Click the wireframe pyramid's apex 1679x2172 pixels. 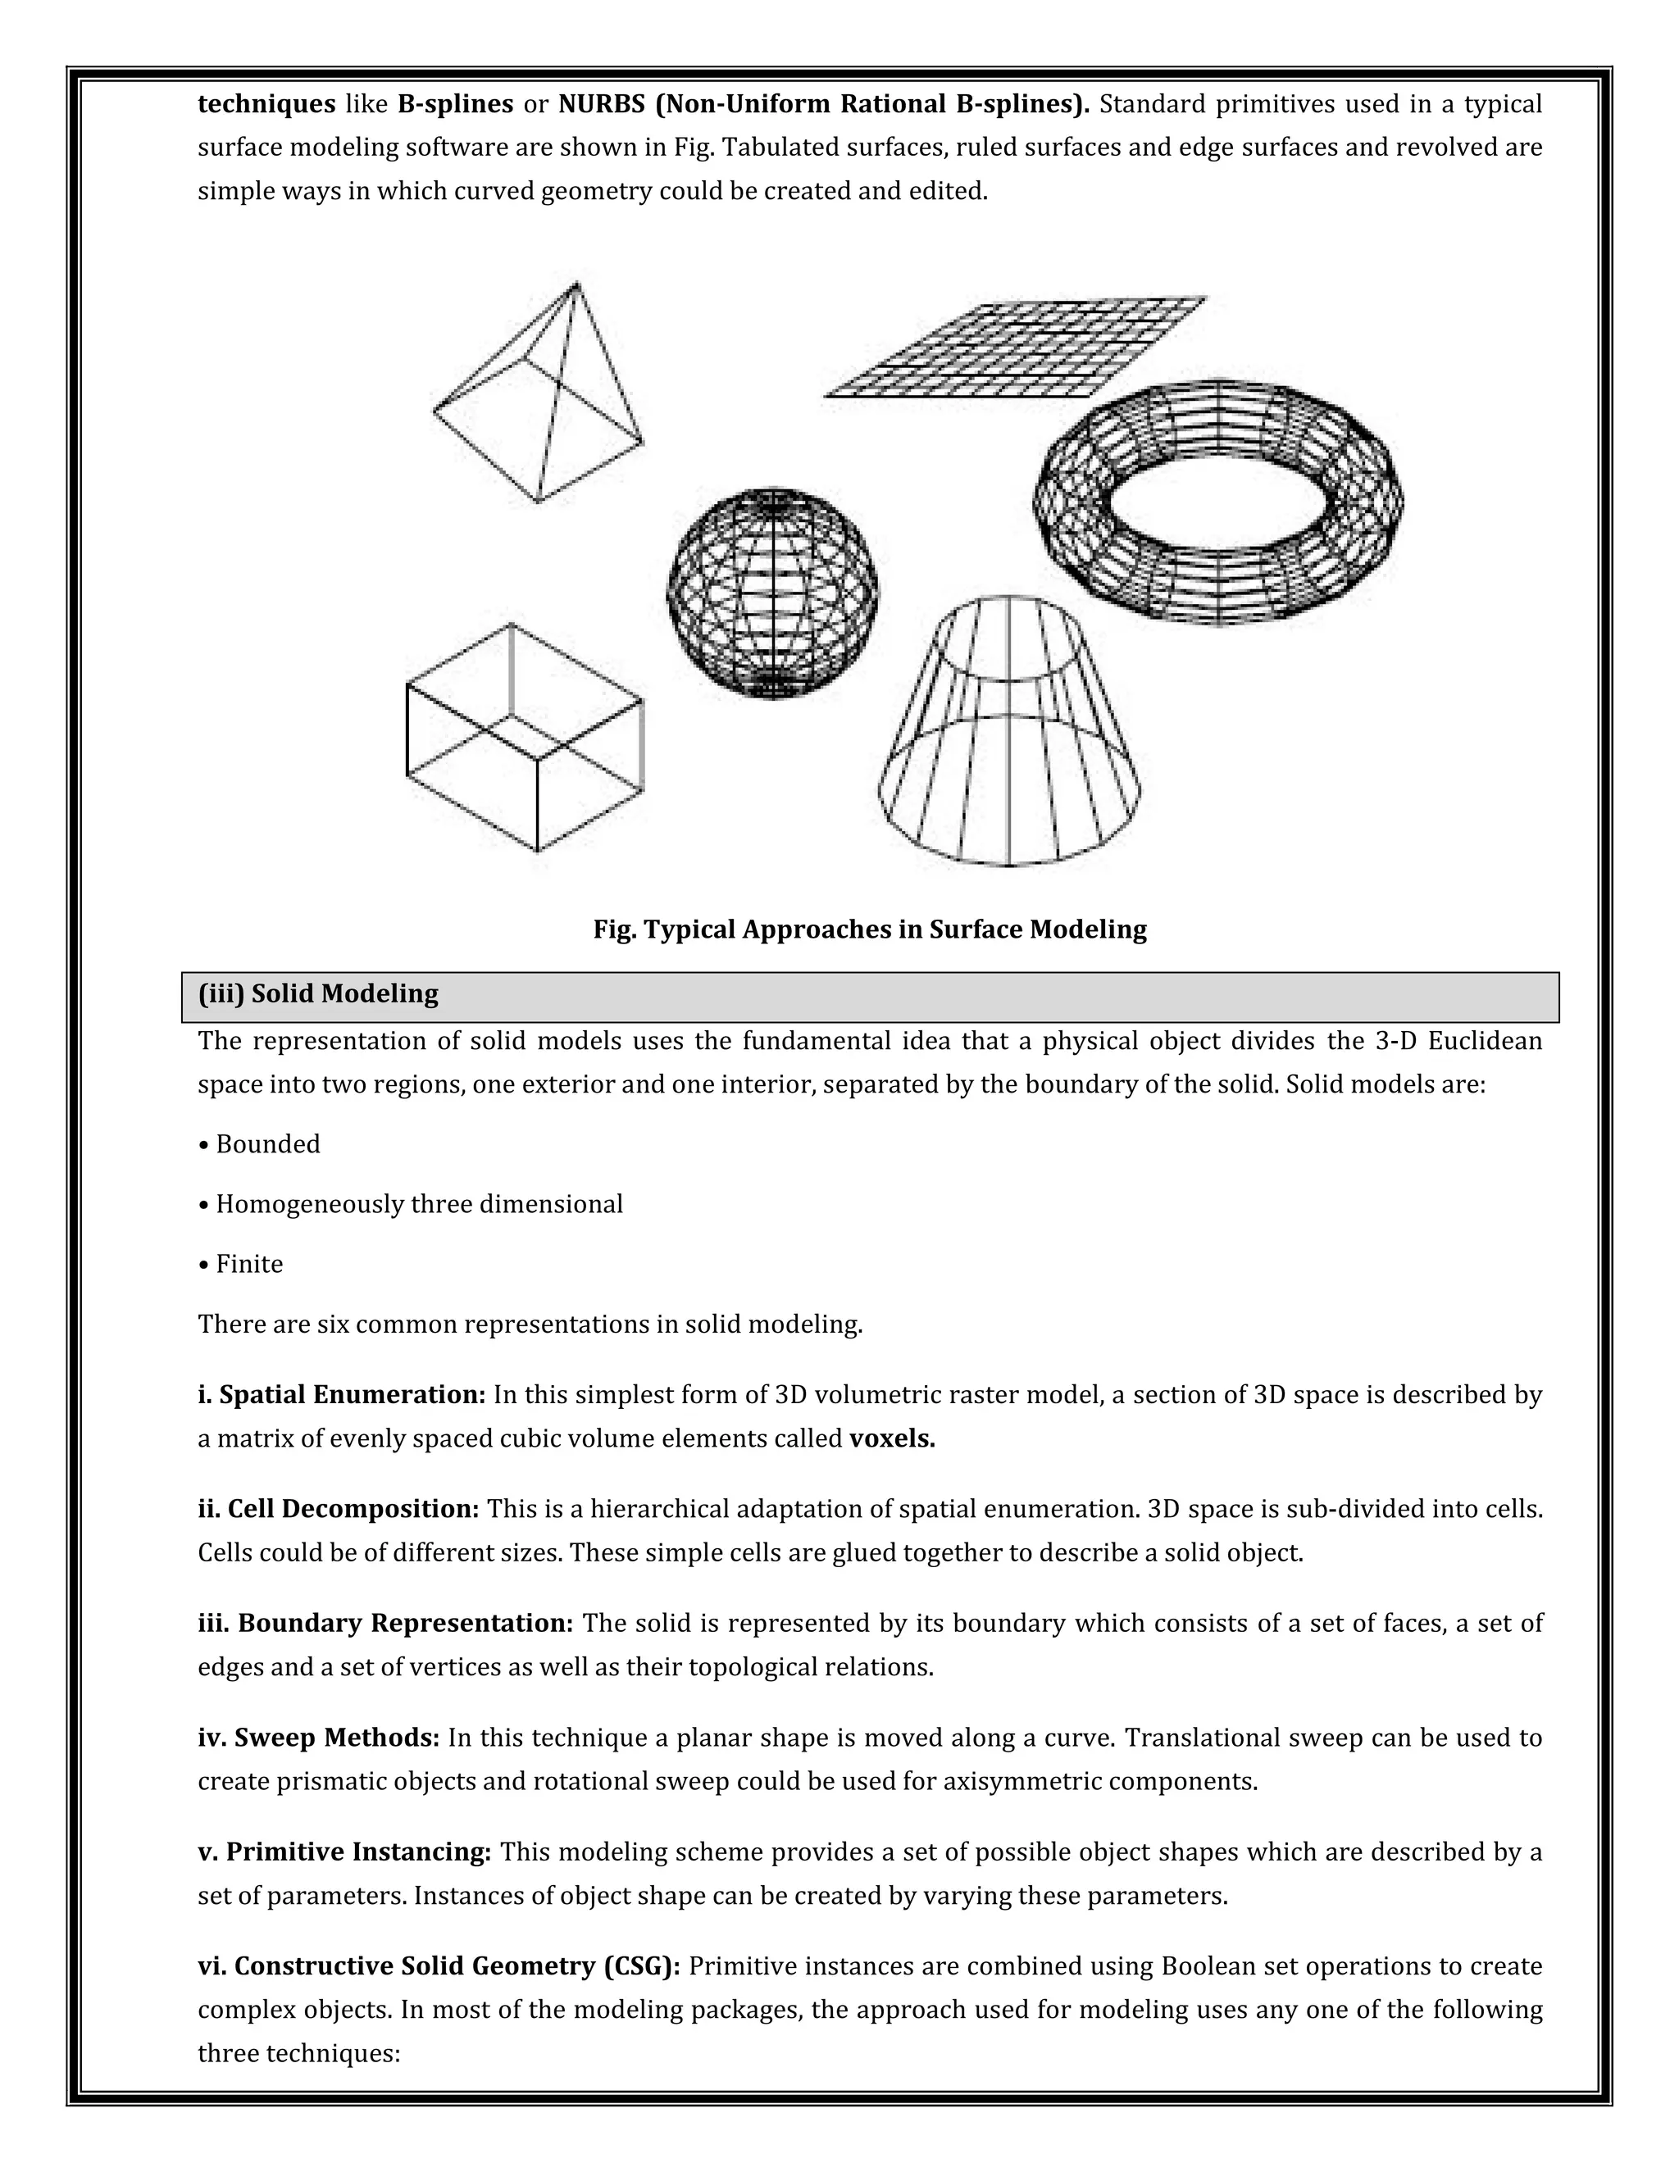click(575, 286)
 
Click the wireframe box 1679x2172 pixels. click(524, 737)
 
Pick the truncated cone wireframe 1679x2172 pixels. click(1009, 731)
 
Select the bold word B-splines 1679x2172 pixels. click(454, 104)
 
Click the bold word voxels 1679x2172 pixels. click(892, 1439)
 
